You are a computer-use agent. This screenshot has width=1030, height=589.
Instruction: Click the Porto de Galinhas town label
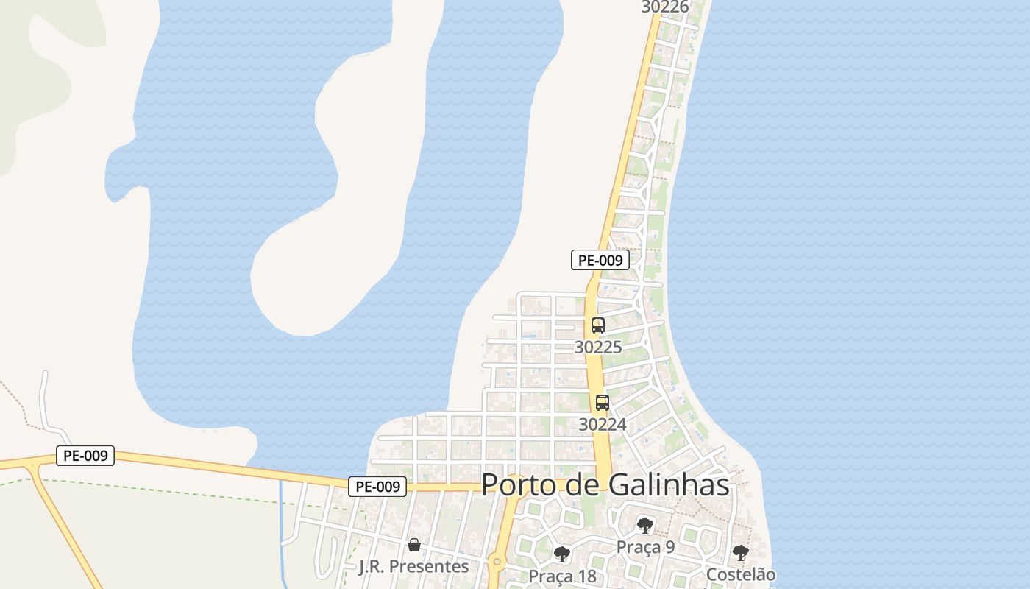[x=605, y=485]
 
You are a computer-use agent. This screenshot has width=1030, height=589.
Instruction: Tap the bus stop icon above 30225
[x=597, y=325]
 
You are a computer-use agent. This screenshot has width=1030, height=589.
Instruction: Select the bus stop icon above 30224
[x=602, y=403]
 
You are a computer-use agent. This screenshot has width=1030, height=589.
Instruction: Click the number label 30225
[x=597, y=347]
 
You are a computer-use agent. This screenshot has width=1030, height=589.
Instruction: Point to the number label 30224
[x=602, y=424]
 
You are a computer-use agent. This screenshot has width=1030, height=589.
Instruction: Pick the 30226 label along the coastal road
[x=664, y=7]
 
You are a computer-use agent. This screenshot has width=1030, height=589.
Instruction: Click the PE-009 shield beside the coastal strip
[x=600, y=260]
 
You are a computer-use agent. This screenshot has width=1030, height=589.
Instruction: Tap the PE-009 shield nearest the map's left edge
[x=85, y=456]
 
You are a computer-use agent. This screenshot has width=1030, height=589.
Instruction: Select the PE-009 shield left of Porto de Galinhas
[x=377, y=487]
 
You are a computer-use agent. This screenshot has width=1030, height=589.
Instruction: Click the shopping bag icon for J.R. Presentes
[x=414, y=545]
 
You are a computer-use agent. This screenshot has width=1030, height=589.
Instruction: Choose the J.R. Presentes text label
[x=413, y=566]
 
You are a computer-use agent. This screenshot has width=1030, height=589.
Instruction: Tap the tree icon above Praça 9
[x=645, y=525]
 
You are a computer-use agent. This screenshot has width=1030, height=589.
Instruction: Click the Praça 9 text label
[x=645, y=546]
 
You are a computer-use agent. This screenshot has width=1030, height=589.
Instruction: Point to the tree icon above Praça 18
[x=562, y=554]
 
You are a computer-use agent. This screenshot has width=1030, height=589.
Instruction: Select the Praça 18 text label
[x=562, y=575]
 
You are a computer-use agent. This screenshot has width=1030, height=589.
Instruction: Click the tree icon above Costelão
[x=740, y=552]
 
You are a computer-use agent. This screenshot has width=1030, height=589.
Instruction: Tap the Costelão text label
[x=740, y=574]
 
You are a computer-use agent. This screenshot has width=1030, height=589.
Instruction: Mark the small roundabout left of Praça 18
[x=497, y=562]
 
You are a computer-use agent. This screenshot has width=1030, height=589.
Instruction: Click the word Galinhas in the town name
[x=669, y=485]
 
